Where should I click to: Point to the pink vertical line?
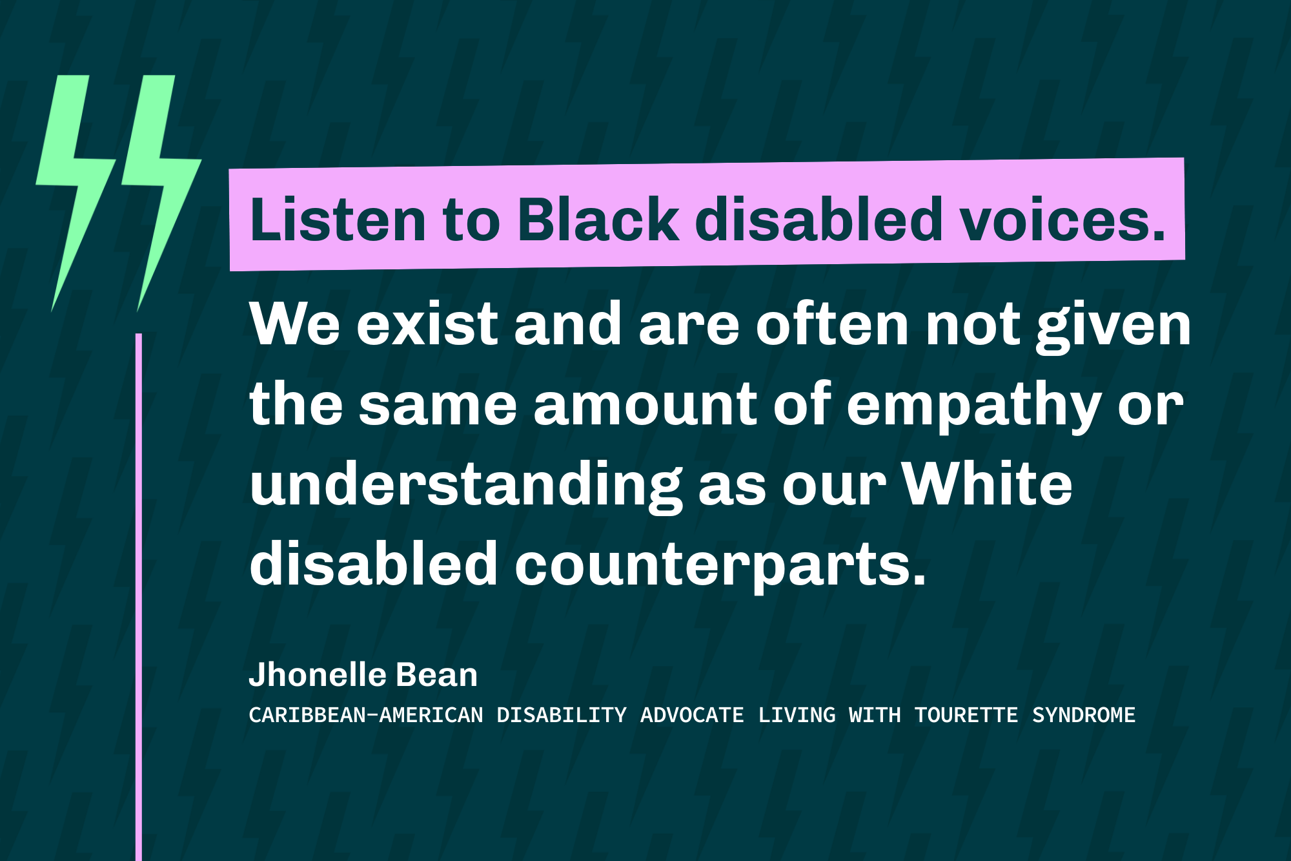139,581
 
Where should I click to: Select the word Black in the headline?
598,220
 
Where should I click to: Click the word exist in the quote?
427,324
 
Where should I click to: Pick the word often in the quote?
833,324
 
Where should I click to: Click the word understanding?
465,486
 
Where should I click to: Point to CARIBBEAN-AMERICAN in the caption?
366,715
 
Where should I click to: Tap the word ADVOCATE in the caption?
692,715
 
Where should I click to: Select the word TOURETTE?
966,715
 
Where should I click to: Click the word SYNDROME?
1084,715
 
